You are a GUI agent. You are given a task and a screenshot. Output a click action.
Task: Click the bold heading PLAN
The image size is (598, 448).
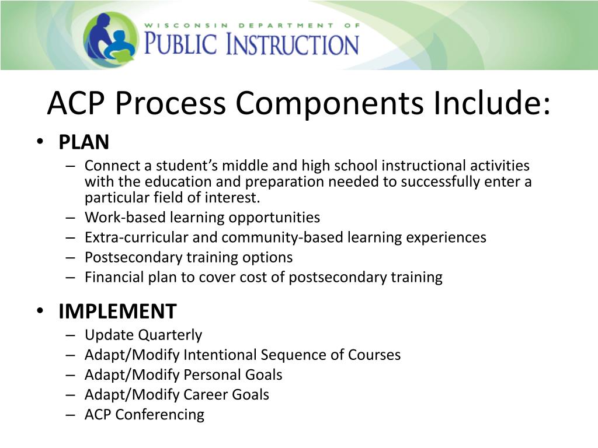(x=84, y=142)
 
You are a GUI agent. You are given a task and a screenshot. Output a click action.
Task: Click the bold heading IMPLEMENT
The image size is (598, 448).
(x=117, y=311)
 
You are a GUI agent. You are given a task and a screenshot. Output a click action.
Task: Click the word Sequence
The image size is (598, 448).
(x=291, y=355)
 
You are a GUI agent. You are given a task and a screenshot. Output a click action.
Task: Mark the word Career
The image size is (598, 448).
(x=206, y=394)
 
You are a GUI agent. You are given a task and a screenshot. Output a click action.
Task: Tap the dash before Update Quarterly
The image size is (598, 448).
(x=71, y=335)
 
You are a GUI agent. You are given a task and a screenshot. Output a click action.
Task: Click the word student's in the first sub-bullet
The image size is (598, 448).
(x=171, y=166)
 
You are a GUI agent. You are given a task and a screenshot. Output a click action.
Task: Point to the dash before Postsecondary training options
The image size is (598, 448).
(x=71, y=257)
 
